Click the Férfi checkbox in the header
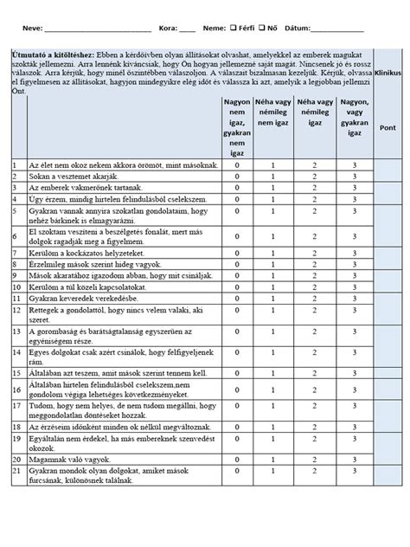244,29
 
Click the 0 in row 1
236,164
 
